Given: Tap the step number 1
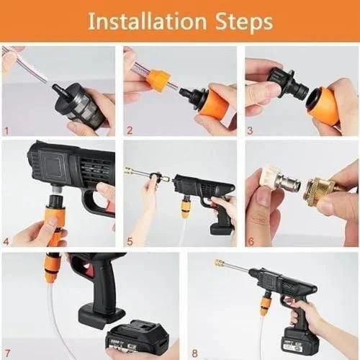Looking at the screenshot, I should [6, 131].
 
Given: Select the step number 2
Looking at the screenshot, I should [129, 131].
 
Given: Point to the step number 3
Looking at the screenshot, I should [251, 131].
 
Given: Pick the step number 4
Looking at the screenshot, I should [6, 241].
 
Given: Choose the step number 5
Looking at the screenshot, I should [129, 241].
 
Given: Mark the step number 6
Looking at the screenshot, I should [251, 241].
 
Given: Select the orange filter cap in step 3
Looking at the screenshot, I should [324, 105].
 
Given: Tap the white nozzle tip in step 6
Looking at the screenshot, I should [272, 177].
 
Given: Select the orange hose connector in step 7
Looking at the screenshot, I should [51, 269].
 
